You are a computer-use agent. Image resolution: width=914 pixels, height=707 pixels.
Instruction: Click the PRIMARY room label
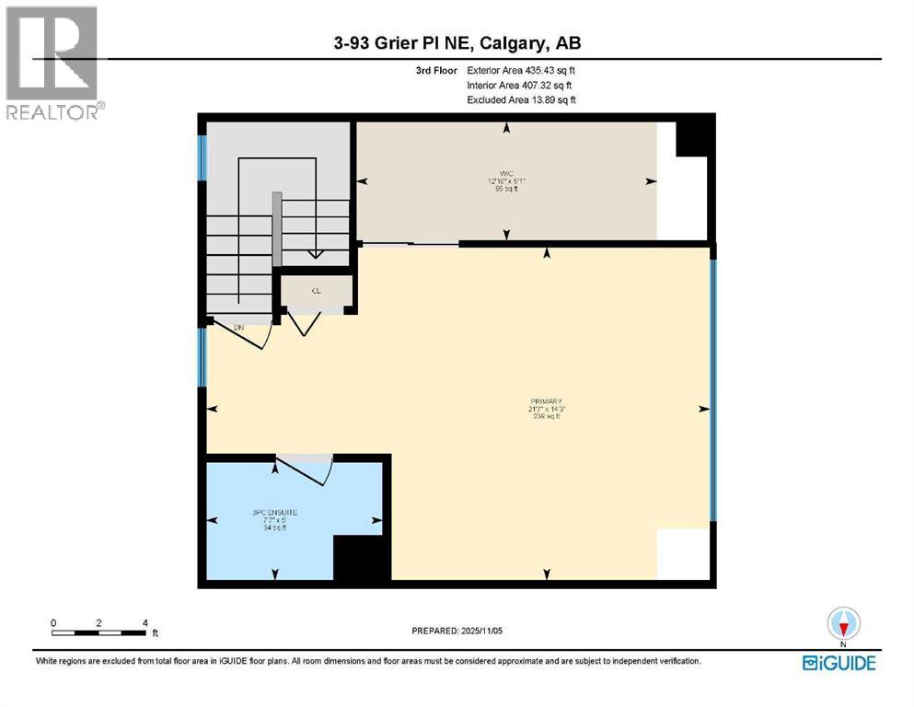pyautogui.click(x=547, y=401)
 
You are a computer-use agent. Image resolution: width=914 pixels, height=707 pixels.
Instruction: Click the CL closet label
pyautogui.click(x=316, y=291)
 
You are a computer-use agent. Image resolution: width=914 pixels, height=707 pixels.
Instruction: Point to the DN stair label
pyautogui.click(x=238, y=327)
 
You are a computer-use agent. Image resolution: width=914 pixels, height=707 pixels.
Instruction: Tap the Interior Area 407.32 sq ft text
pyautogui.click(x=521, y=85)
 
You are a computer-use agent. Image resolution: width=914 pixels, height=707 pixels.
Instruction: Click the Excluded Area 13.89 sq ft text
pyautogui.click(x=521, y=99)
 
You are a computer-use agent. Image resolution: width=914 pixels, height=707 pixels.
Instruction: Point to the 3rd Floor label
pyautogui.click(x=435, y=70)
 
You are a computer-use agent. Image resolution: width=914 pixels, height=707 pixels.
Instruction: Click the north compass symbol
pyautogui.click(x=842, y=623)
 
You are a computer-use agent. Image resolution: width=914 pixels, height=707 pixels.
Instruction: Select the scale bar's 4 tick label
pyautogui.click(x=145, y=622)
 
